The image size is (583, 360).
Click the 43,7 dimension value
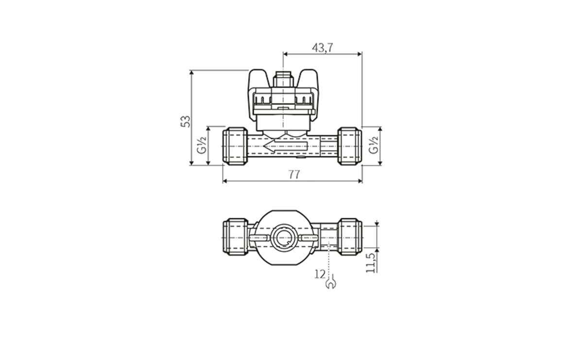pyautogui.click(x=323, y=48)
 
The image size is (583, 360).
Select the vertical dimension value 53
pyautogui.click(x=185, y=121)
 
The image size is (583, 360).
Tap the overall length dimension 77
pyautogui.click(x=293, y=174)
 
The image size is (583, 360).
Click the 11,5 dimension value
pyautogui.click(x=371, y=262)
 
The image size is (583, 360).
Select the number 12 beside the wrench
pyautogui.click(x=319, y=274)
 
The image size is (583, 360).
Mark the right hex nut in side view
pyautogui.click(x=350, y=146)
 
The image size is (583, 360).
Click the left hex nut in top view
pyautogui.click(x=235, y=237)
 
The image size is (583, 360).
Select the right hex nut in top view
pyautogui.click(x=350, y=237)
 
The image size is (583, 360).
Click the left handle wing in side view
pyautogui.click(x=259, y=79)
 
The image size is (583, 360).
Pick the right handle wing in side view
pyautogui.click(x=308, y=79)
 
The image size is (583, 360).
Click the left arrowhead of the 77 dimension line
pyautogui.click(x=225, y=181)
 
